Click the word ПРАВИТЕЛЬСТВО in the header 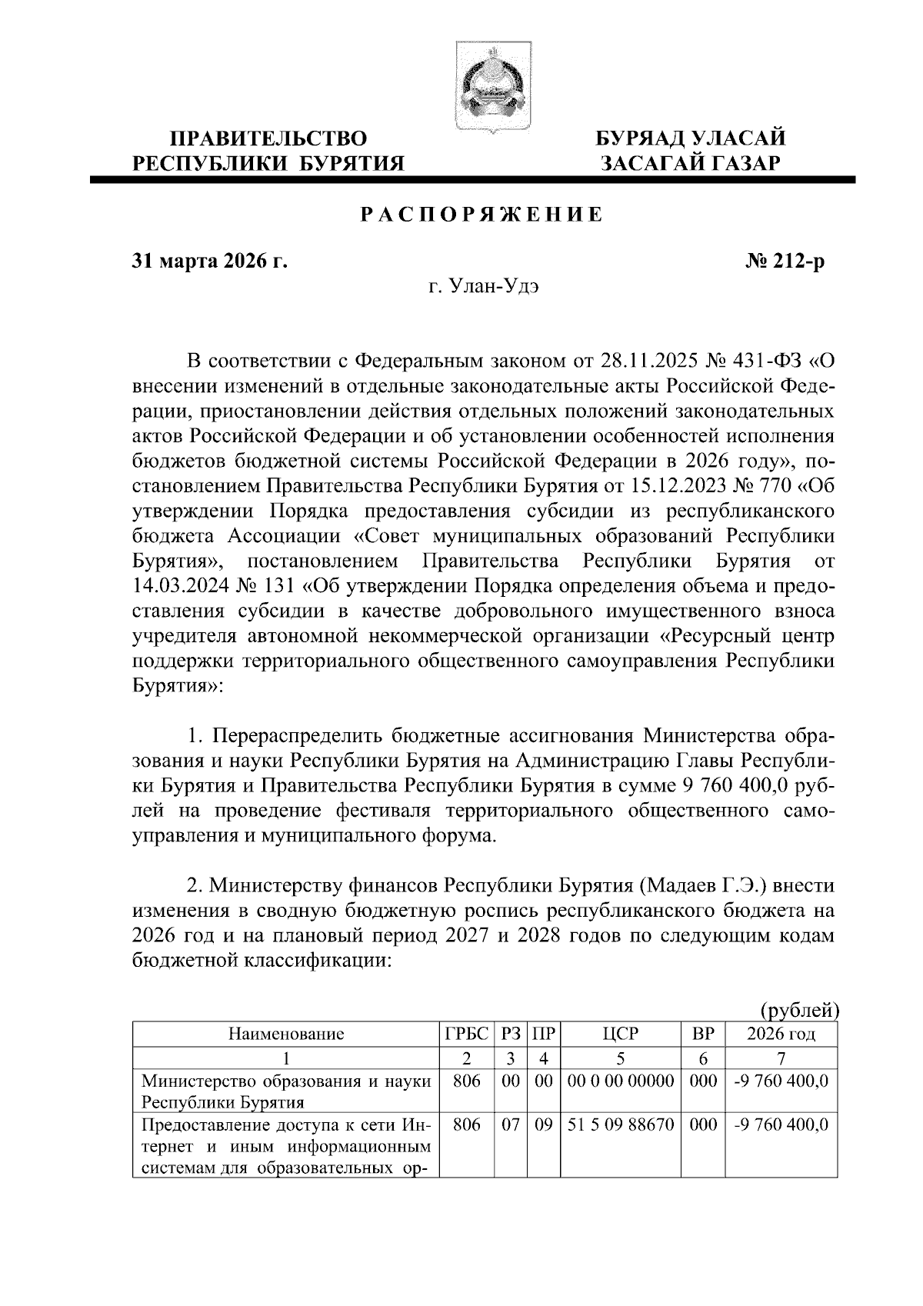(268, 139)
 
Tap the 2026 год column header (781, 1034)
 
